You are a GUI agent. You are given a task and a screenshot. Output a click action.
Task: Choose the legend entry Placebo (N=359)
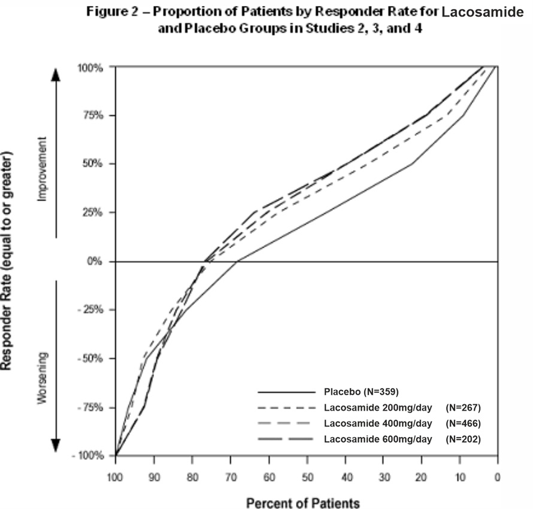(x=361, y=392)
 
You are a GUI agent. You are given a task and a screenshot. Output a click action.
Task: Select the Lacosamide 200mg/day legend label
(x=378, y=408)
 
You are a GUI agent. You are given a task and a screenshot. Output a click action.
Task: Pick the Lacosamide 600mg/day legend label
(x=378, y=439)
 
